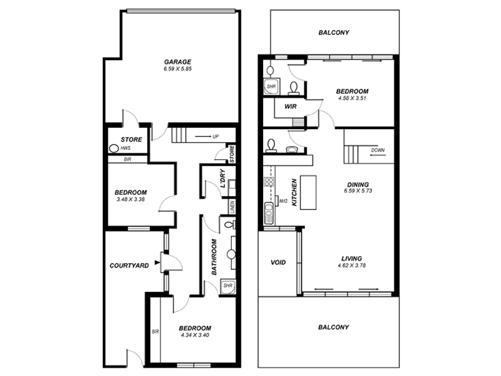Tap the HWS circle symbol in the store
[113, 149]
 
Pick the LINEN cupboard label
[232, 207]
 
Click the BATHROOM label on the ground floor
[214, 258]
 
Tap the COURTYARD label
[129, 266]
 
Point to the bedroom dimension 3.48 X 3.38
[130, 200]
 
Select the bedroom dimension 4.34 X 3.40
[195, 335]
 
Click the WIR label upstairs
[290, 107]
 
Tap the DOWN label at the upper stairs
[378, 150]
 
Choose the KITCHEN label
[293, 194]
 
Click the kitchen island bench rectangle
[308, 192]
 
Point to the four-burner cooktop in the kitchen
[269, 183]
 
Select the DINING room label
[358, 184]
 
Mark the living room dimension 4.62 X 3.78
[351, 265]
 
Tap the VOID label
[278, 262]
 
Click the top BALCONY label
[333, 33]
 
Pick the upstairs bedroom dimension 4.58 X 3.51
[351, 98]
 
